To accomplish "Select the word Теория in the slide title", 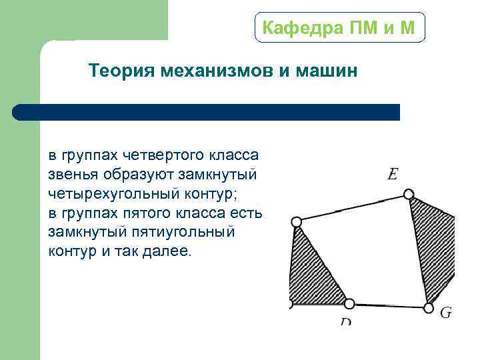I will coord(121,71).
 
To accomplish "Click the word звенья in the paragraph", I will coord(73,175).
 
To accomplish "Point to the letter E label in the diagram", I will coord(393,175).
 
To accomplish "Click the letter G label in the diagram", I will coord(446,312).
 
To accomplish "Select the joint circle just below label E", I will coord(409,195).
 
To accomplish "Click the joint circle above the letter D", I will coord(349,304).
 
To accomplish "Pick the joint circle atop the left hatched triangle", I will coord(297,222).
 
